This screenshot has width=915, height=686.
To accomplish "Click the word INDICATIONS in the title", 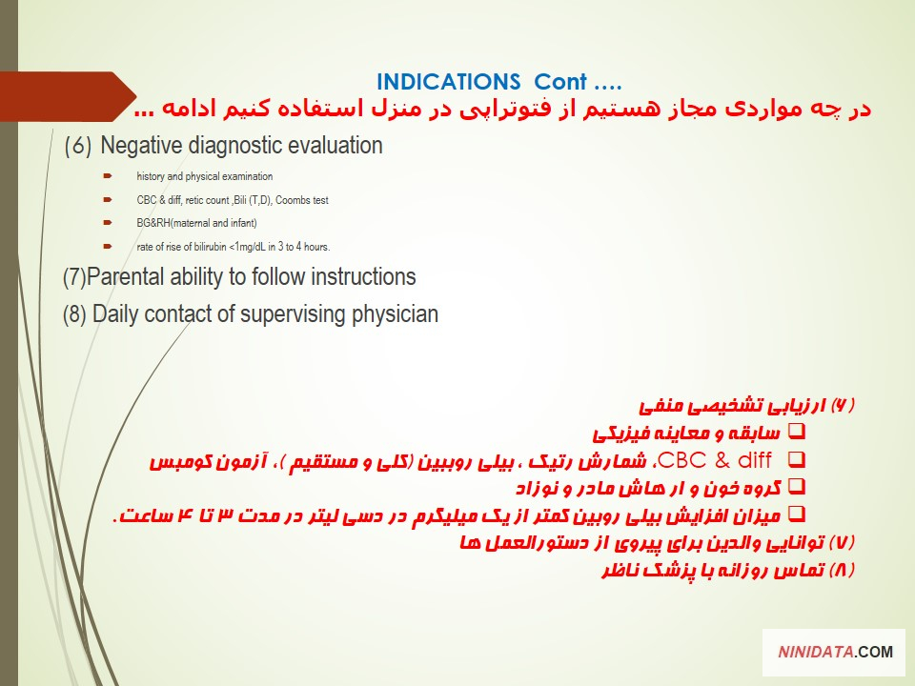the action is (x=448, y=82).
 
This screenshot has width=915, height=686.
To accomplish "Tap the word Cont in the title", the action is (x=560, y=82).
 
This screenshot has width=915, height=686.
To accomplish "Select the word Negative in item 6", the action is (x=141, y=145).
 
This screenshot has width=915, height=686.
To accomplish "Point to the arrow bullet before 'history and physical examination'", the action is (x=108, y=175).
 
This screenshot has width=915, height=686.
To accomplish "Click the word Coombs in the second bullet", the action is (x=293, y=200).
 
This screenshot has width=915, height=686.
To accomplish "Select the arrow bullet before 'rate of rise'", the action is (x=108, y=246).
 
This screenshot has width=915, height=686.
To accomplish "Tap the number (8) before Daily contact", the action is (x=74, y=314).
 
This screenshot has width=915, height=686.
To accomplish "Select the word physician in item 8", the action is (x=395, y=314).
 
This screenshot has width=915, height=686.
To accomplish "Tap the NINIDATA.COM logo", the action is (x=835, y=652).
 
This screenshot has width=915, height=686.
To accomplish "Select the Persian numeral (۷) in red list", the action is (x=842, y=542).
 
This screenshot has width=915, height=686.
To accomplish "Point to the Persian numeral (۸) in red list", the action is (x=842, y=570).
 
